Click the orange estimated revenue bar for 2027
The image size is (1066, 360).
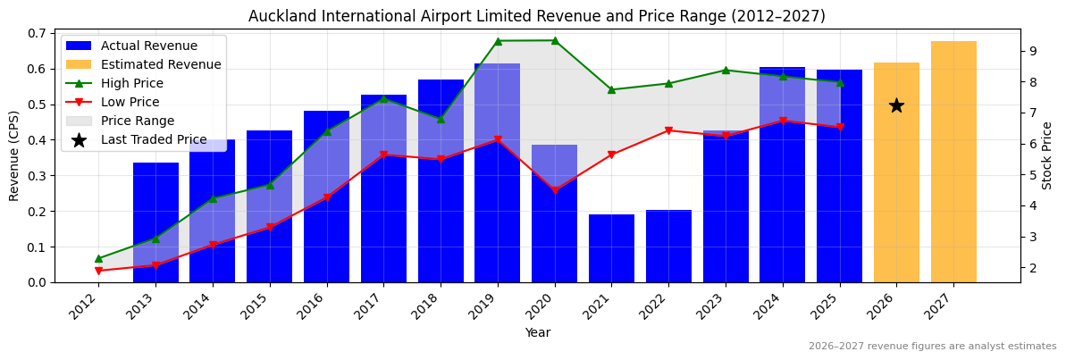click(953, 162)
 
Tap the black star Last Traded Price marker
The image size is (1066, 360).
click(896, 105)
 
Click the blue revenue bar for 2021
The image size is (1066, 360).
click(611, 248)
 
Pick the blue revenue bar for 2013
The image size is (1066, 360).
click(155, 222)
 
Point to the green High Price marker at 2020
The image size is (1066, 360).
click(555, 40)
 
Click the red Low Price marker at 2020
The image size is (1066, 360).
click(555, 190)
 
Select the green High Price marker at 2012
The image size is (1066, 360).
click(98, 258)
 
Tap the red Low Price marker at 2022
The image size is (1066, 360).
click(668, 130)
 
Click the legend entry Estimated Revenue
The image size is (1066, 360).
click(161, 64)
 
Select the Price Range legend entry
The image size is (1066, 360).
click(138, 121)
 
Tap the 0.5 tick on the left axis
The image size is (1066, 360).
click(38, 105)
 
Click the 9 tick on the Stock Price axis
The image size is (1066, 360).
click(1031, 51)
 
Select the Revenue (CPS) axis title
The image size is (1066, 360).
click(14, 155)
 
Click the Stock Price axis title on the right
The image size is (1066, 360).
click(1048, 155)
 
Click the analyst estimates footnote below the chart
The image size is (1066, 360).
click(932, 347)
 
